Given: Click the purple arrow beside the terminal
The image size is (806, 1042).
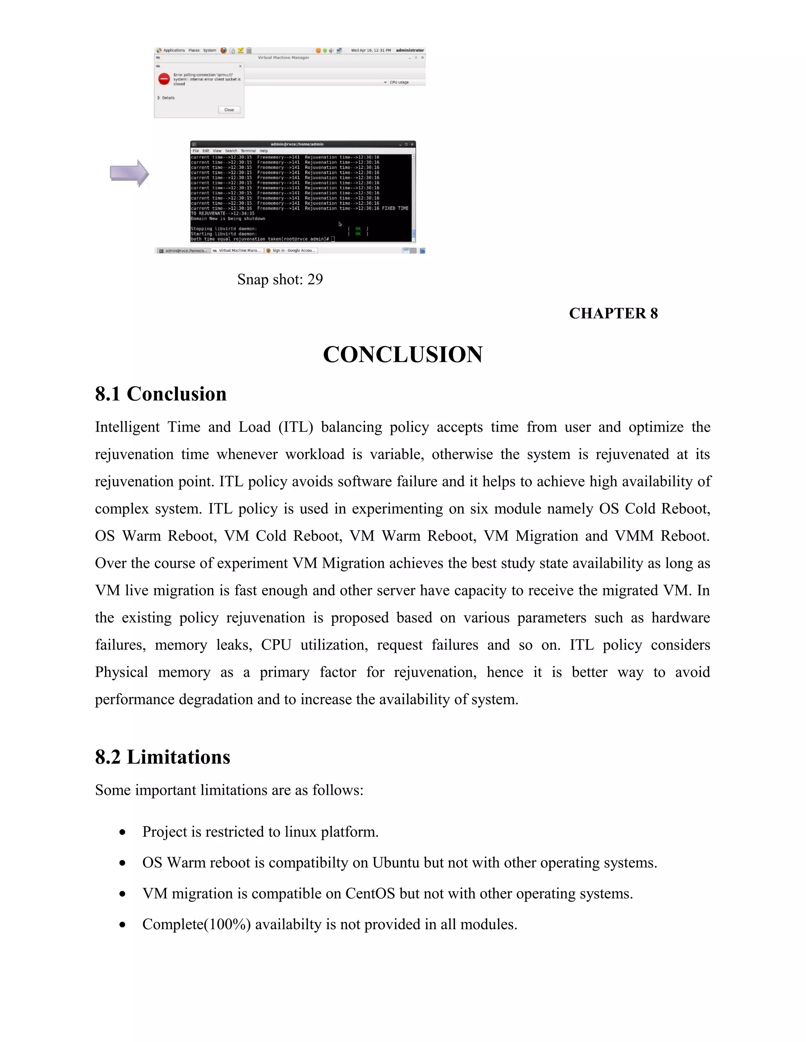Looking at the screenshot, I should pos(129,173).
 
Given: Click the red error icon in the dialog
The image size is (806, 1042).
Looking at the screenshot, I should pos(164,79).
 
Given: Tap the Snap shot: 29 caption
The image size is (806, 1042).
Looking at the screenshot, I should pos(280,279).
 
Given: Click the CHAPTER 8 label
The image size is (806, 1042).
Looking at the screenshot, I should pos(613,313).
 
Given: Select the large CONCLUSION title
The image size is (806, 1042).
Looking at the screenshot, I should pos(403,355).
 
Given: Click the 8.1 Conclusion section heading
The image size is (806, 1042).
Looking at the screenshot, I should pos(161,394).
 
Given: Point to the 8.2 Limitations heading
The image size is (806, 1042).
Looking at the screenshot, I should pos(163,757).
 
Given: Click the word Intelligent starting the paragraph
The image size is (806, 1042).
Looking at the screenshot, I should pos(127,427).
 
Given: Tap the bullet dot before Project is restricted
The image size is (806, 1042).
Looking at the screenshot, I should pos(123,832).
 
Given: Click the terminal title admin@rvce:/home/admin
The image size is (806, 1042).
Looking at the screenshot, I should pos(297,144).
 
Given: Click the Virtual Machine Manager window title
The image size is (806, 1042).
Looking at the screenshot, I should pos(284,58).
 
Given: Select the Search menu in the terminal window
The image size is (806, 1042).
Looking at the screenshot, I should pos(231,151).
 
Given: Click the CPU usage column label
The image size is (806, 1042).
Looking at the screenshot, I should pos(399,83).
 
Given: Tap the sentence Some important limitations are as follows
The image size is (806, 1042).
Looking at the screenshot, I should pos(229,790).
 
